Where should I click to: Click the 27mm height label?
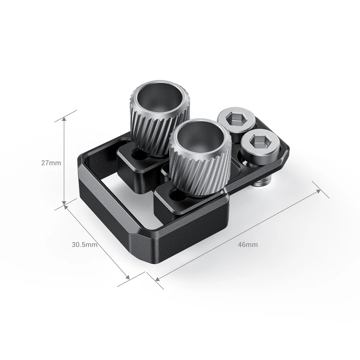[x=51, y=162]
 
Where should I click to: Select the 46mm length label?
[x=248, y=244]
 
